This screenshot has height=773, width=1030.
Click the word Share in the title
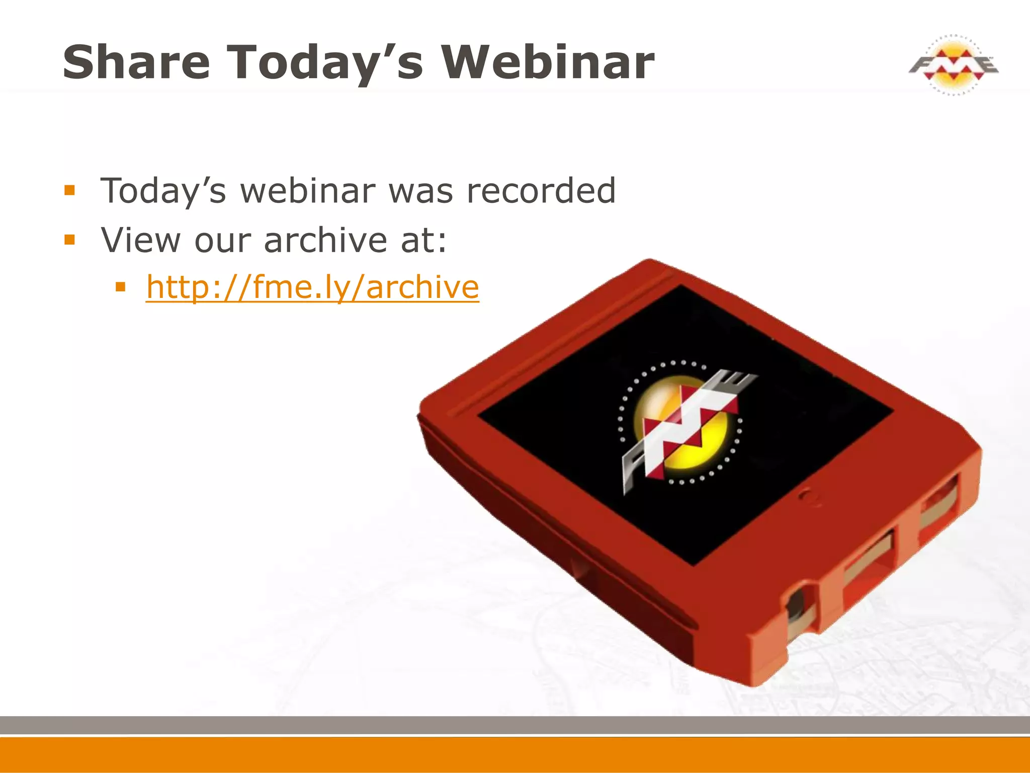[x=136, y=62]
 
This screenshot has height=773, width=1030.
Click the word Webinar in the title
[x=548, y=62]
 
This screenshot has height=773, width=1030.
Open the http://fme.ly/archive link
[x=312, y=287]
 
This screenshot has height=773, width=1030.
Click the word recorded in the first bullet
[x=541, y=191]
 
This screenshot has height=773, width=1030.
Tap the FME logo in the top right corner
[x=953, y=65]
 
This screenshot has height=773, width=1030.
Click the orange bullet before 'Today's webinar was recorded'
[x=69, y=191]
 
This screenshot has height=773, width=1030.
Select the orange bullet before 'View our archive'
[x=69, y=240]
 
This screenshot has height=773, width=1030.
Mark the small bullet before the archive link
[x=120, y=287]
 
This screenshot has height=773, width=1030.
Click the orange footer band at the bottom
[x=515, y=755]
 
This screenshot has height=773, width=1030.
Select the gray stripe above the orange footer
[x=515, y=725]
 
